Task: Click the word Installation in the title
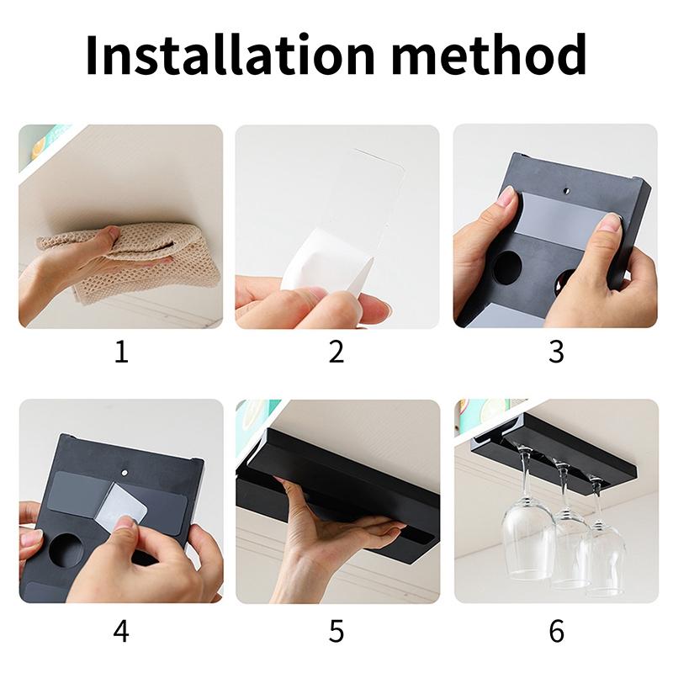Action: pyautogui.click(x=230, y=55)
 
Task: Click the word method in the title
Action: pyautogui.click(x=489, y=55)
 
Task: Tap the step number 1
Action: pyautogui.click(x=121, y=352)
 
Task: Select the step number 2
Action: pyautogui.click(x=336, y=352)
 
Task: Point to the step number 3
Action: pyautogui.click(x=556, y=352)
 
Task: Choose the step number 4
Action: pyautogui.click(x=121, y=631)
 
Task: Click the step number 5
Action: pyautogui.click(x=336, y=631)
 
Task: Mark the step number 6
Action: pyautogui.click(x=556, y=631)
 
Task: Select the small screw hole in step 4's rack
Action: pyautogui.click(x=124, y=472)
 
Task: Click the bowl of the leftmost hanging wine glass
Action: pyautogui.click(x=527, y=538)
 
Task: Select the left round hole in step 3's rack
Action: pyautogui.click(x=507, y=268)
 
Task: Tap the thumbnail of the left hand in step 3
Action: pyautogui.click(x=508, y=199)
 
